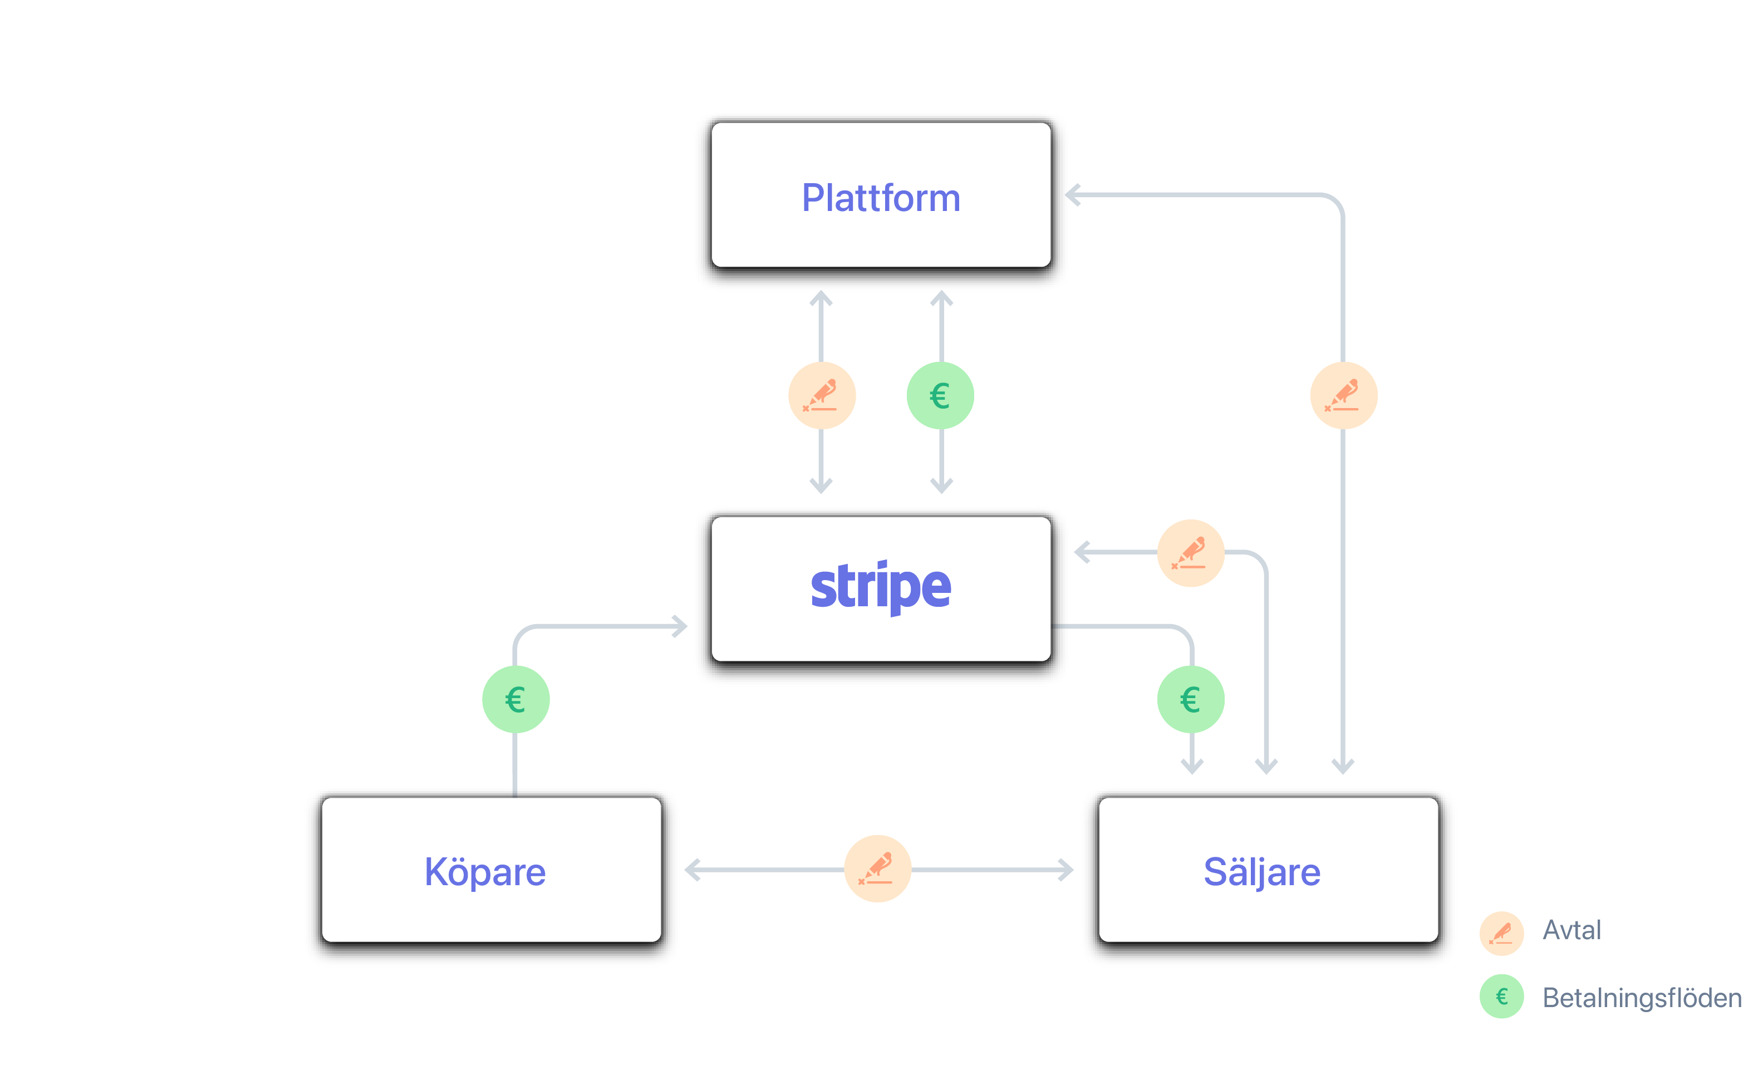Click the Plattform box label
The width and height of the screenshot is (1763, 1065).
point(881,198)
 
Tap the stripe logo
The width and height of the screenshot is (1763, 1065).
point(881,587)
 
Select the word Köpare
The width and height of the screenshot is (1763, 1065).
point(485,872)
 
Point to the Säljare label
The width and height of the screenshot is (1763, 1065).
point(1262,872)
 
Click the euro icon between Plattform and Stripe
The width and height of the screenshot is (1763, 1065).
point(940,396)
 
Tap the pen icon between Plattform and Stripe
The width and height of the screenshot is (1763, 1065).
point(822,396)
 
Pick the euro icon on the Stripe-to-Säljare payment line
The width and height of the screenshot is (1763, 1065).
point(1191,699)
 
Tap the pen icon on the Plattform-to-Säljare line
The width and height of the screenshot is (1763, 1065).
point(1344,396)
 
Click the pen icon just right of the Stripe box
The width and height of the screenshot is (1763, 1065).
point(1191,552)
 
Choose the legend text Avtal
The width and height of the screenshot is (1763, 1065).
point(1572,930)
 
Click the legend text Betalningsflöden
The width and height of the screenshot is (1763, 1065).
point(1641,998)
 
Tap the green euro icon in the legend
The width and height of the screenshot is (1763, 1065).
point(1502,997)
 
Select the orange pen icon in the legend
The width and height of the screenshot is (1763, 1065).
point(1502,933)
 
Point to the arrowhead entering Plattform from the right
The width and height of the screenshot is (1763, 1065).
point(1073,195)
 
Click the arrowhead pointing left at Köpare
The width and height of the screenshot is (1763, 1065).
point(692,870)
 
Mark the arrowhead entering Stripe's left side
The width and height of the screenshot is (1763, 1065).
point(680,626)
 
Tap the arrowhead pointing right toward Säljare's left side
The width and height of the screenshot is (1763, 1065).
point(1067,870)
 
